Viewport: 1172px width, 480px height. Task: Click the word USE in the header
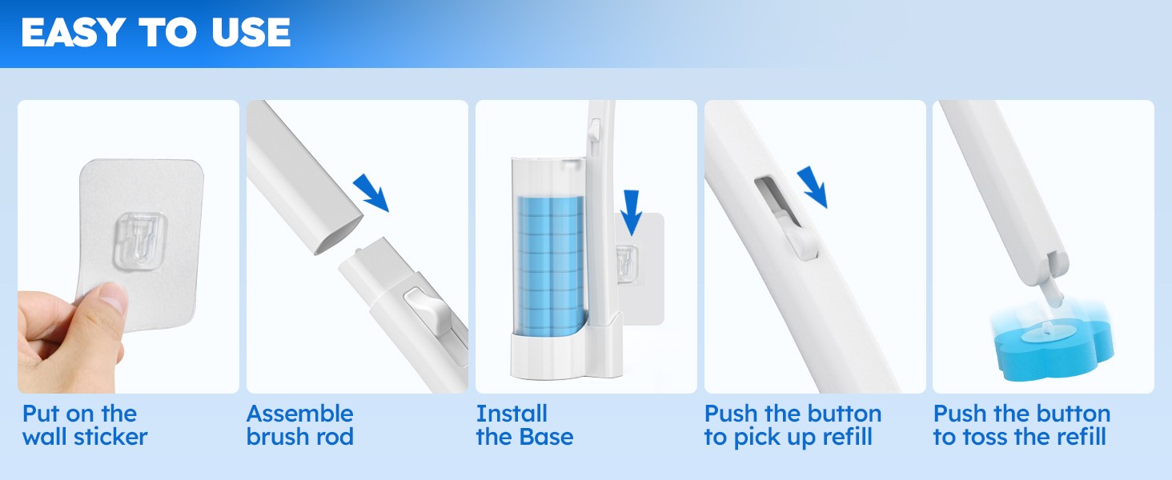click(x=251, y=33)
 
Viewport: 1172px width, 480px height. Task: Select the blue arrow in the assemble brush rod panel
click(x=371, y=193)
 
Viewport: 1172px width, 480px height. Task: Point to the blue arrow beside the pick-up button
click(x=813, y=187)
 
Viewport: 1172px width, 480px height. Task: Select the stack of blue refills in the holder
click(x=551, y=266)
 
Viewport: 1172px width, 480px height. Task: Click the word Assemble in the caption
click(x=299, y=414)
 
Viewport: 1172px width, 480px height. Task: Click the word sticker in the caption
click(x=110, y=437)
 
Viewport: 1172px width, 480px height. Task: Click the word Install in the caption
click(x=512, y=414)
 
